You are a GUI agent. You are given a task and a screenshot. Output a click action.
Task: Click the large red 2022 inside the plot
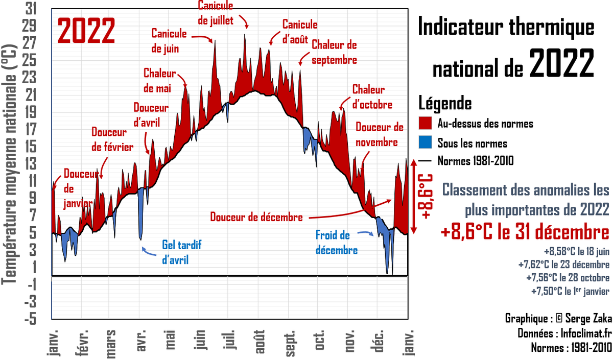pos(86,31)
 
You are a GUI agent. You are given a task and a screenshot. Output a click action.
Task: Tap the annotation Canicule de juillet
pos(215,13)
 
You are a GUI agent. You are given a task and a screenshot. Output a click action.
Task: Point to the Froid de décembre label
pos(336,243)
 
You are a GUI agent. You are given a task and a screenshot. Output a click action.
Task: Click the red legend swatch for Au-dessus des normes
pos(427,123)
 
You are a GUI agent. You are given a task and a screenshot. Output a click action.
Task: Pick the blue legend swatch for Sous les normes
pos(427,142)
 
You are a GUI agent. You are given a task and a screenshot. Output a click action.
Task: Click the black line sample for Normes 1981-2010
pos(427,161)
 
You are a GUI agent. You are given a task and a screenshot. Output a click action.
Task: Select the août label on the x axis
pos(261,339)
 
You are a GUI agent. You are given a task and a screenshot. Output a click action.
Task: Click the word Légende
pos(444,103)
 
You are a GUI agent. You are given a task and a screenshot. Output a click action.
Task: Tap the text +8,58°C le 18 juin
pos(576,251)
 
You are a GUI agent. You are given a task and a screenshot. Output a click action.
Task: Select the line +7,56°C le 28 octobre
pos(568,278)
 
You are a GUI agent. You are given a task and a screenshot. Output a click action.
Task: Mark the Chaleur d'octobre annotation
pos(372,97)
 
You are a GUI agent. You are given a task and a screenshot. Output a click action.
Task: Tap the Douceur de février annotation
pos(112,139)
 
